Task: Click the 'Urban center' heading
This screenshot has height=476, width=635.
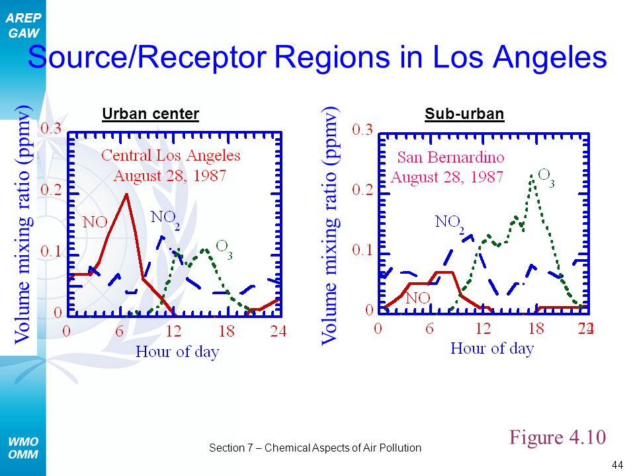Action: [151, 114]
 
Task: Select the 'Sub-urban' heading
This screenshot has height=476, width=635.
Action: [464, 114]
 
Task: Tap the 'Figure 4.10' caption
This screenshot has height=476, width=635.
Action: [558, 437]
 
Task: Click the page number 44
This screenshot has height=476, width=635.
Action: [618, 465]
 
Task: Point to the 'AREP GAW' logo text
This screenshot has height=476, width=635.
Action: [24, 25]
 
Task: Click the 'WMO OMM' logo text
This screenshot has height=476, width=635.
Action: [23, 448]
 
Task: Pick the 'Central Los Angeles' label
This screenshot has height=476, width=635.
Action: [171, 155]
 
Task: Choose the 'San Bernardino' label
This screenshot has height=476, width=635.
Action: [450, 157]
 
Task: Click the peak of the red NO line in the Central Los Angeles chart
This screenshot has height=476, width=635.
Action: [127, 194]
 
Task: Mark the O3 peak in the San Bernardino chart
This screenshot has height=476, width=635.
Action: [532, 175]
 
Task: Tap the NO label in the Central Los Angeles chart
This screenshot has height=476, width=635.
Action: [95, 222]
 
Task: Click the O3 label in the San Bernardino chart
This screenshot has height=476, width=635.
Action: [546, 178]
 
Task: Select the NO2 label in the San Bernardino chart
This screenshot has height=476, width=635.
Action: [450, 224]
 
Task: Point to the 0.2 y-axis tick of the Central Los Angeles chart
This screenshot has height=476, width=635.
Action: [51, 190]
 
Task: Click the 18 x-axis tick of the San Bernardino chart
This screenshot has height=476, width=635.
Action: [536, 328]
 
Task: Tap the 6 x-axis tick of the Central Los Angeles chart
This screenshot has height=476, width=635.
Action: [119, 331]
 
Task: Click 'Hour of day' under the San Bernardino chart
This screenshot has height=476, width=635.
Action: [492, 348]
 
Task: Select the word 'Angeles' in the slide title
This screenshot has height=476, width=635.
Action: [550, 58]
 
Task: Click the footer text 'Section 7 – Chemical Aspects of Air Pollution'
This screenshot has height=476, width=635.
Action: [315, 448]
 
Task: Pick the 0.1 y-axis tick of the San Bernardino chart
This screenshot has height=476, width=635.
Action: [362, 250]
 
